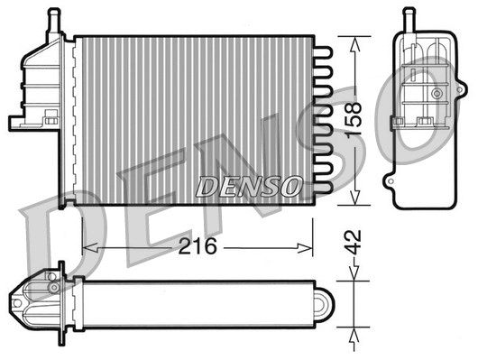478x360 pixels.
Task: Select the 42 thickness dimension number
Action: pyautogui.click(x=356, y=241)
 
